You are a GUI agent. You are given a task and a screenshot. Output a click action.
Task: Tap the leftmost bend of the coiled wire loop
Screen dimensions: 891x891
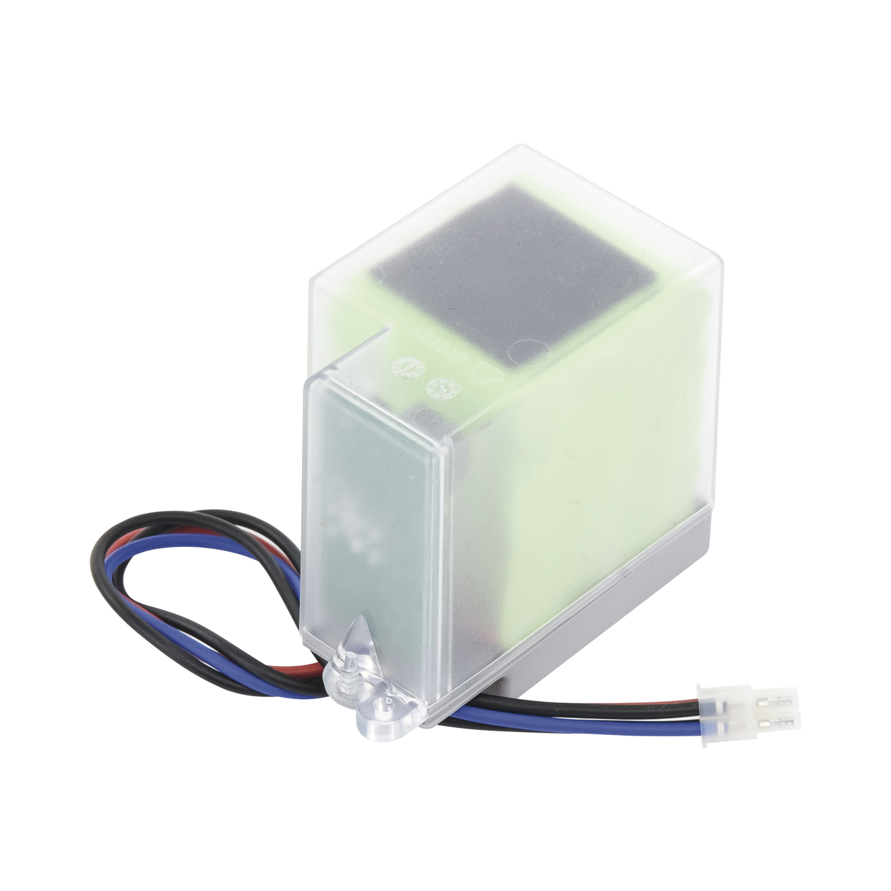(94, 567)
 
